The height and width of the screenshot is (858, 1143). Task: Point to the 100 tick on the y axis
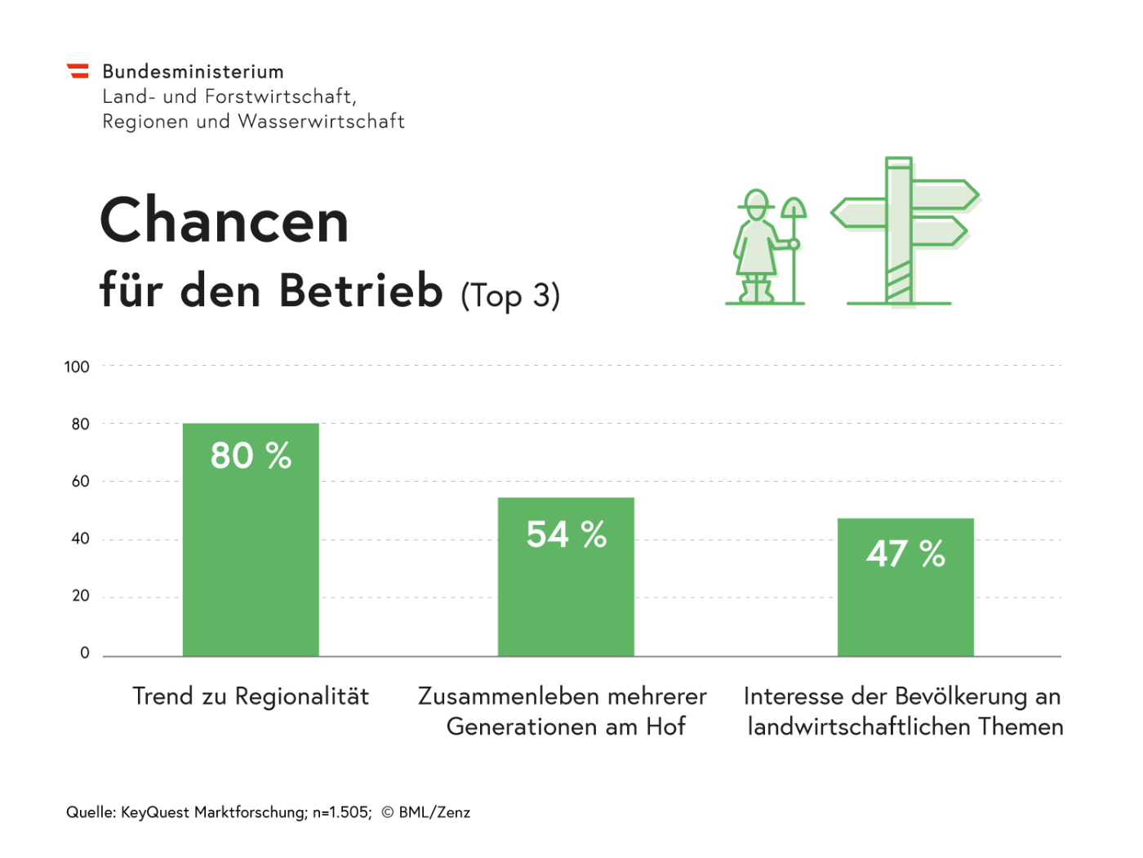click(77, 367)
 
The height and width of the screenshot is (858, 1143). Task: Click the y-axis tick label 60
click(80, 481)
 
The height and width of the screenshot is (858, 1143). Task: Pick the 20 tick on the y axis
click(80, 596)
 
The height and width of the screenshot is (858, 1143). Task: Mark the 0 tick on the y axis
click(85, 653)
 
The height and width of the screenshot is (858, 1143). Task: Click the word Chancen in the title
click(225, 220)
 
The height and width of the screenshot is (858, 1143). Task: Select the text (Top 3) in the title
click(510, 296)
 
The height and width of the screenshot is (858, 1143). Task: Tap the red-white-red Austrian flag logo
click(78, 71)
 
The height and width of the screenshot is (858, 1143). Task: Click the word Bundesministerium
click(193, 72)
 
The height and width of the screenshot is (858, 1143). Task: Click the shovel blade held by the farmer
click(794, 207)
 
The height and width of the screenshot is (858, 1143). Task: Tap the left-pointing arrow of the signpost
click(859, 213)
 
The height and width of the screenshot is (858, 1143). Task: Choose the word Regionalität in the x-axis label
click(302, 696)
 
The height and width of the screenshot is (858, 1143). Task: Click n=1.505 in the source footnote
click(341, 812)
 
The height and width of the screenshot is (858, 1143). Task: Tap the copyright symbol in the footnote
click(388, 812)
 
